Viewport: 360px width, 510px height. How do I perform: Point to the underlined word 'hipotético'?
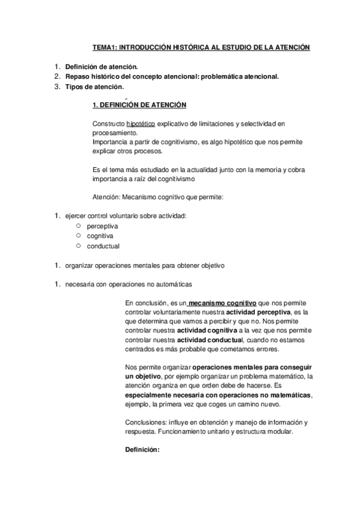(x=141, y=123)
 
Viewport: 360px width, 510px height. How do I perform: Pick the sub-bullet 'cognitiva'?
(x=100, y=236)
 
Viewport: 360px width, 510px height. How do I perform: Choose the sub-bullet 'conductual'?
(x=103, y=246)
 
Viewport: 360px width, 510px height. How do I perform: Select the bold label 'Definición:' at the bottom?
(x=142, y=449)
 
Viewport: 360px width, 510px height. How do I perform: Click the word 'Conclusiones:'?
(x=145, y=422)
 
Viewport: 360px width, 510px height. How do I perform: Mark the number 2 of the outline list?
(x=56, y=77)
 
